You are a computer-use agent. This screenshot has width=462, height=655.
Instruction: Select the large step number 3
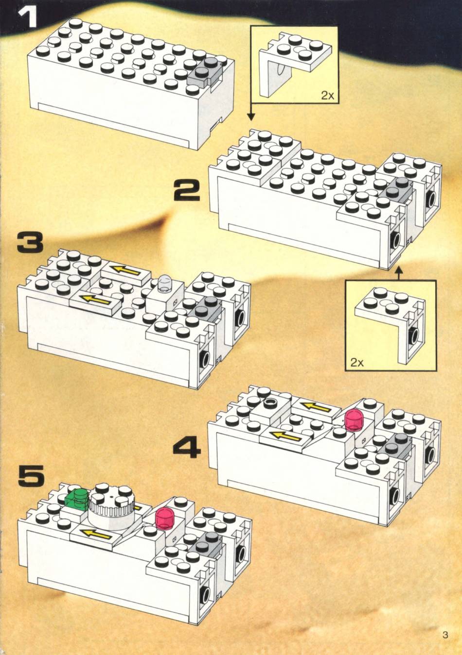[x=30, y=242]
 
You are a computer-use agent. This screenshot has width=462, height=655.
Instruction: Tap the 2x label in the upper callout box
[x=327, y=95]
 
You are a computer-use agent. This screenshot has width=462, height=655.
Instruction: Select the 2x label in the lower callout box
[x=357, y=363]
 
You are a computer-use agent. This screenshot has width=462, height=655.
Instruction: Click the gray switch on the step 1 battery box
[x=205, y=72]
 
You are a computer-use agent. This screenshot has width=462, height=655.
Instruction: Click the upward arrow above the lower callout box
[x=398, y=273]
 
